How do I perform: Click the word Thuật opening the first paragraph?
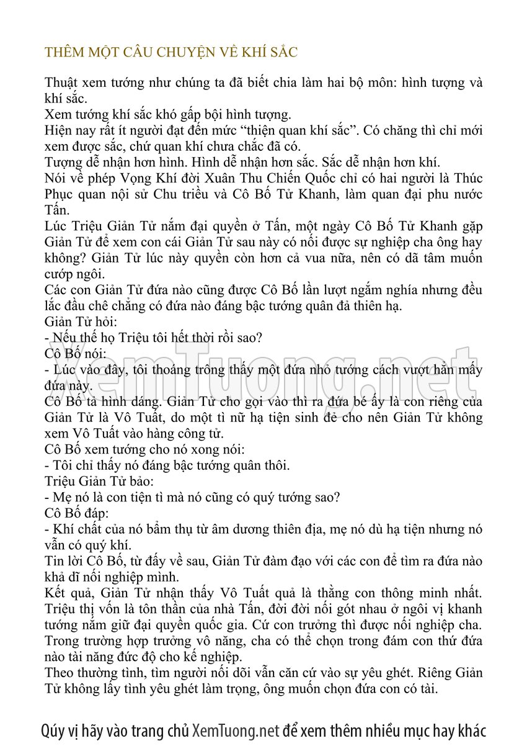tap(61, 83)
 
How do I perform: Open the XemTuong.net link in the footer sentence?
tap(236, 730)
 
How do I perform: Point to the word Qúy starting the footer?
tap(53, 730)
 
